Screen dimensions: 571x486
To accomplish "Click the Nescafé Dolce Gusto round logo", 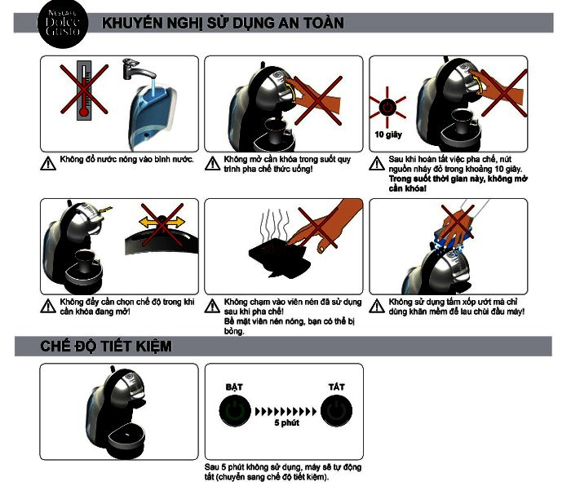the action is (63, 24).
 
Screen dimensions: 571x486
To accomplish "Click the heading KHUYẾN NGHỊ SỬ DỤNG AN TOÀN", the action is (223, 23).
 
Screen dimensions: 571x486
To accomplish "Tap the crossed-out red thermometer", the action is (84, 90).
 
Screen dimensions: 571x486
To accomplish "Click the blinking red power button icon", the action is (387, 108).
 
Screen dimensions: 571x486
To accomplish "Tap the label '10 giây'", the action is (388, 135).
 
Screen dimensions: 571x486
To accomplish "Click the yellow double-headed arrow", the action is (162, 221).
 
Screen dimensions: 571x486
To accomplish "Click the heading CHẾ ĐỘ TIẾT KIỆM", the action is (106, 347).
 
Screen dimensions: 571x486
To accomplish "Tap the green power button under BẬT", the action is (235, 411).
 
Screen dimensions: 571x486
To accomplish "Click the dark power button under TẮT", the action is (336, 411).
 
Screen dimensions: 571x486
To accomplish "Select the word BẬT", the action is (234, 387).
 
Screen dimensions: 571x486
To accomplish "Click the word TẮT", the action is (336, 387).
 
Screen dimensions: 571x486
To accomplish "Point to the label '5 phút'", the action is (286, 422).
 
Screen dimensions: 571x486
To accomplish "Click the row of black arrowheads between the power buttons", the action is (285, 412).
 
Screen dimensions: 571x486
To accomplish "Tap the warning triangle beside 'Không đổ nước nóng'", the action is (48, 163).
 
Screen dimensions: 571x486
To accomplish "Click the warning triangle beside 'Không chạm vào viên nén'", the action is (212, 306).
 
